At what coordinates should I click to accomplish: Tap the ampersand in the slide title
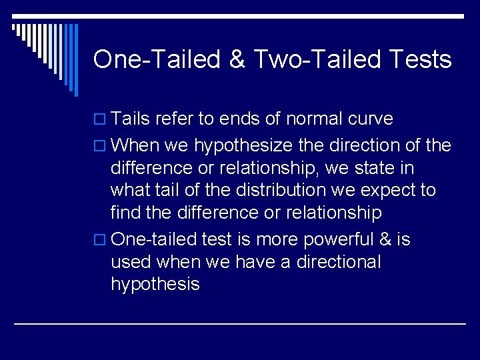click(x=237, y=60)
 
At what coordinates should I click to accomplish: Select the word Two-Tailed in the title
click(x=311, y=60)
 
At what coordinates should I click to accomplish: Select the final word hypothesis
click(x=155, y=285)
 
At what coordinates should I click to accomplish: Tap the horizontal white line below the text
click(x=240, y=324)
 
